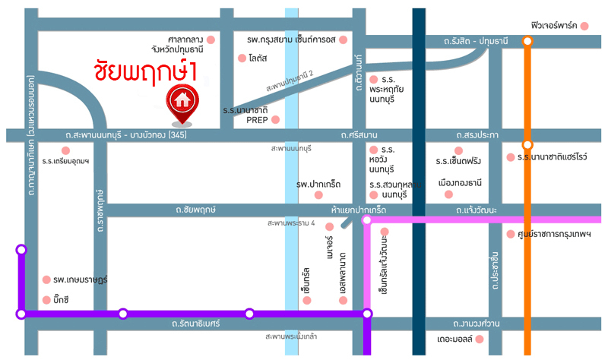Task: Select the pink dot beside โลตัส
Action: pos(242,58)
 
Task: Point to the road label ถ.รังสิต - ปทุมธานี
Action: pos(465,41)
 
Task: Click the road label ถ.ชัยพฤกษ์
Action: pos(195,209)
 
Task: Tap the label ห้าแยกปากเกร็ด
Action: pos(359,209)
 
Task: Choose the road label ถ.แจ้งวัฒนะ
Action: pos(476,209)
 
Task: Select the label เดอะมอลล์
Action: pos(455,339)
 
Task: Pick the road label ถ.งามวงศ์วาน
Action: pos(475,324)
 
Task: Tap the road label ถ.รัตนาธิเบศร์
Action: pos(196,324)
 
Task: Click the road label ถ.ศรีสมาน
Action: pos(359,135)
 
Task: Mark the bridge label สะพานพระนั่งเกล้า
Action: pos(292,336)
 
